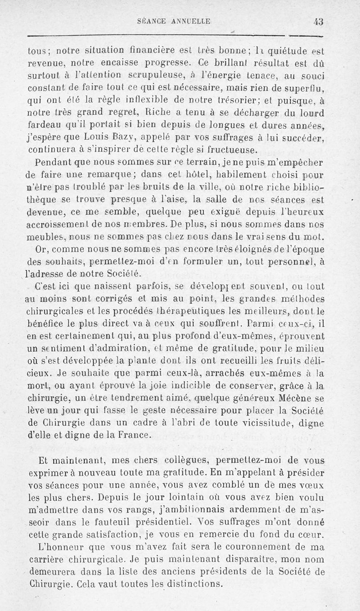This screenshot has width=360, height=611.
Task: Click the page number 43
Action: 319,21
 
